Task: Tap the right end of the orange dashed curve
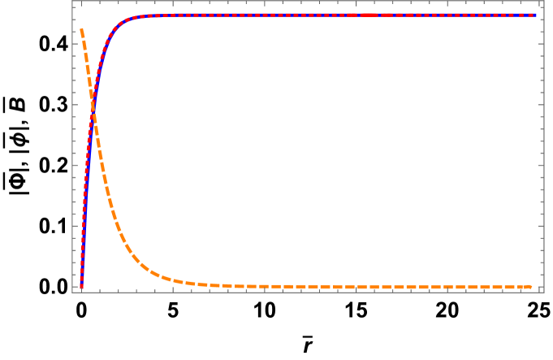coord(532,286)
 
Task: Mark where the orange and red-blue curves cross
coord(93,107)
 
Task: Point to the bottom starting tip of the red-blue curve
coord(81,286)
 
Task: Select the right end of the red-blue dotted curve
coord(536,15)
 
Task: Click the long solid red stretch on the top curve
coord(370,15)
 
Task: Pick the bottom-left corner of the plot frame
coord(73,292)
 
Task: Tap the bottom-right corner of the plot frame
coord(543,292)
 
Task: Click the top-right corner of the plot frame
coord(543,1)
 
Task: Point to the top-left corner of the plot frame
coord(73,1)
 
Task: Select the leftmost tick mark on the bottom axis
coord(81,290)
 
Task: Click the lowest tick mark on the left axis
coord(76,286)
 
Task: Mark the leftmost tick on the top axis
coord(81,2)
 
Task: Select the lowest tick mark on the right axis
coord(541,286)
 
